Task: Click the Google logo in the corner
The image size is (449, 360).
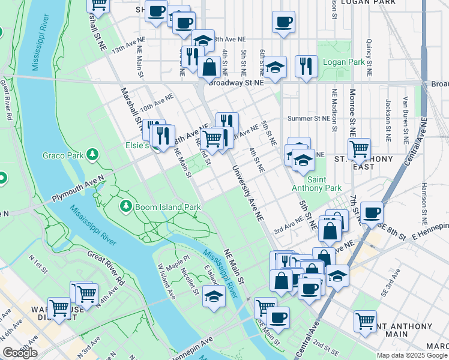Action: click(20, 353)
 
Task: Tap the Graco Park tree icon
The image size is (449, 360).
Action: click(92, 155)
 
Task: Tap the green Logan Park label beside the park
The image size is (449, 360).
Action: click(343, 62)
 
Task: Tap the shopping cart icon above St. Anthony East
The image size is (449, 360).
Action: click(359, 148)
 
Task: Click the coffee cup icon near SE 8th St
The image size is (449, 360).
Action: click(372, 211)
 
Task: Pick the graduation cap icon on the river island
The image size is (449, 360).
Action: click(213, 296)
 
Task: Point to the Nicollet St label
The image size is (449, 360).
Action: click(191, 281)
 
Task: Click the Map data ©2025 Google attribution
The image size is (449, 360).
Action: click(412, 355)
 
